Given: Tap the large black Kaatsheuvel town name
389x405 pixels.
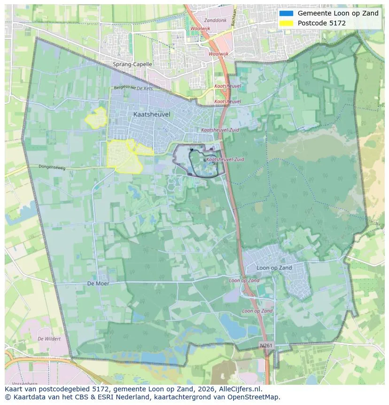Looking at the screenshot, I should [x=152, y=114].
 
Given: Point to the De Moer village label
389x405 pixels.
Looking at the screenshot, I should [x=98, y=284].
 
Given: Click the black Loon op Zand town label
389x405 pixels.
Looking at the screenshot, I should [x=274, y=268].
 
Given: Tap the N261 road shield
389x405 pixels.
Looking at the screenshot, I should [x=266, y=345].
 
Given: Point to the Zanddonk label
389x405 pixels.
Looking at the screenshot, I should [x=215, y=21].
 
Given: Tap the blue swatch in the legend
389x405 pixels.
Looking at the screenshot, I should [x=286, y=13].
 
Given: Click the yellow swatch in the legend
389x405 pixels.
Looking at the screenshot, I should [x=286, y=23].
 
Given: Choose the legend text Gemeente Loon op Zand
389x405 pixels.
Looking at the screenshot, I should [x=338, y=13].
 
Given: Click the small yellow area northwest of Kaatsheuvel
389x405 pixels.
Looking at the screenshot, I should [x=96, y=118].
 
